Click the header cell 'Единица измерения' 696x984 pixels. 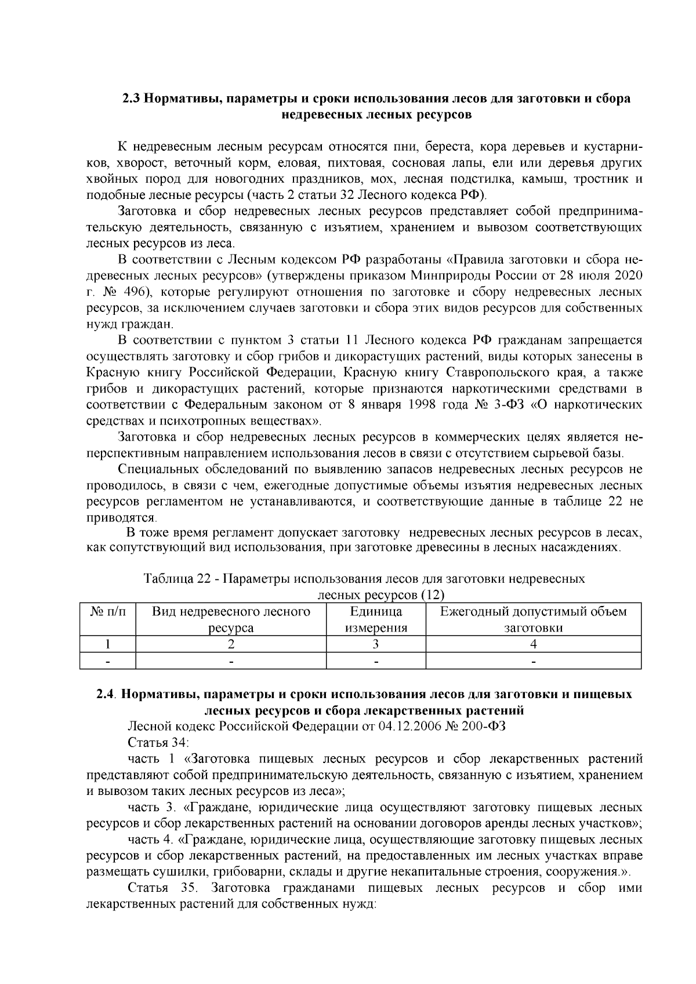376,619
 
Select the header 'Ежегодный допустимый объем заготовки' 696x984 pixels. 533,619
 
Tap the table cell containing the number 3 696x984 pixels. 376,644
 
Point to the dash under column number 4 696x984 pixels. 533,660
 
